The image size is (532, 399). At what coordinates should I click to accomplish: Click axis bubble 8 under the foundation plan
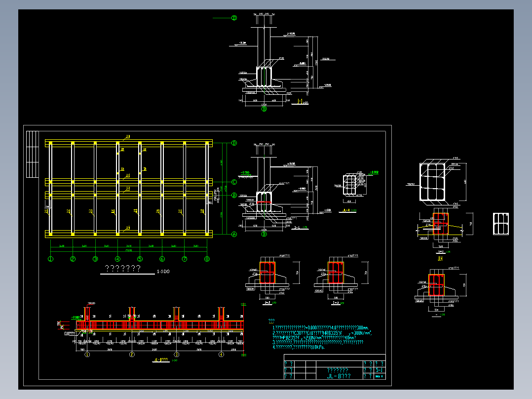207,259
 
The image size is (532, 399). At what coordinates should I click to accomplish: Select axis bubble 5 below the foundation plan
140,259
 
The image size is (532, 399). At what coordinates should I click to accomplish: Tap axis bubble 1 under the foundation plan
50,259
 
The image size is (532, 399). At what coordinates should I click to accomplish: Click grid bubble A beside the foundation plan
234,235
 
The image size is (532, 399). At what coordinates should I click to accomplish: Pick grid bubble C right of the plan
234,181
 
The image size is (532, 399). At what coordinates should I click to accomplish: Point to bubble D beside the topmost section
234,18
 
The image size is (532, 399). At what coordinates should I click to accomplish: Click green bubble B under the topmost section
264,109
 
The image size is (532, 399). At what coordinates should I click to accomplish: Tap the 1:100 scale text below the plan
162,272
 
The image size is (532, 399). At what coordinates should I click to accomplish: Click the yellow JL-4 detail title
346,210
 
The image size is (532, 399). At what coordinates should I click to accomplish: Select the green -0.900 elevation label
374,172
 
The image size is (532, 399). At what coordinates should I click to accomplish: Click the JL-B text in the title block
339,376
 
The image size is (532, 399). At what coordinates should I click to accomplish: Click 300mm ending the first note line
362,328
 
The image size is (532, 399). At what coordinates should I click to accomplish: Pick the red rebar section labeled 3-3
336,273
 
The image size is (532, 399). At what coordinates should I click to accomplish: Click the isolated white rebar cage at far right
501,224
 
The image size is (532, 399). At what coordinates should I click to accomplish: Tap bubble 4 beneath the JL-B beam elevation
221,354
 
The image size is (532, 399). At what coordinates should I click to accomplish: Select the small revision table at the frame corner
33,154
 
